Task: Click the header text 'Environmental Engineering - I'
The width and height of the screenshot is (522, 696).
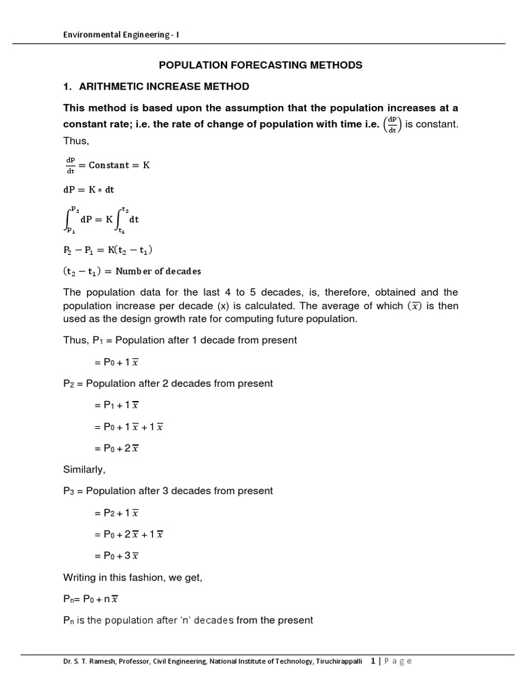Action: coord(121,35)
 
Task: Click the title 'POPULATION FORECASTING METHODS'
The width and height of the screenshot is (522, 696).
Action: coord(260,65)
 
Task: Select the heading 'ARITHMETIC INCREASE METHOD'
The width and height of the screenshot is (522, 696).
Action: coord(164,86)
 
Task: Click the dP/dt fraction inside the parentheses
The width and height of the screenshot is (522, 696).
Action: coord(391,125)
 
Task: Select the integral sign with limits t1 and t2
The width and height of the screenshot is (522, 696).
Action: coord(122,220)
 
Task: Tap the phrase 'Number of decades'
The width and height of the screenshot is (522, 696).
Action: coord(158,271)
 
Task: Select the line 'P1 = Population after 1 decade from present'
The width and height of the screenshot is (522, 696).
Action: coord(179,340)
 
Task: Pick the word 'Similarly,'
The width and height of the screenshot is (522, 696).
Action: coord(84,470)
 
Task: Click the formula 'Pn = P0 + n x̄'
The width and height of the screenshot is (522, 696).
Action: coord(92,598)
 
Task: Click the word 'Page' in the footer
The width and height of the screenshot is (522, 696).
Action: coord(397,661)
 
